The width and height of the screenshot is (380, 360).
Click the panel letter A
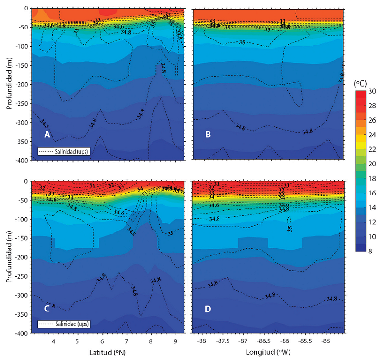[x=47, y=135]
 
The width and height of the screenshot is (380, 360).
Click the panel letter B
[x=208, y=135]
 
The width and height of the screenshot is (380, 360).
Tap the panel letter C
[x=47, y=308]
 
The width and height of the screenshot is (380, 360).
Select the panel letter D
[x=208, y=308]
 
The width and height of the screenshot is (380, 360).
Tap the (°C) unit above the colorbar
[x=362, y=83]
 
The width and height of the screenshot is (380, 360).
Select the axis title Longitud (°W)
[x=268, y=353]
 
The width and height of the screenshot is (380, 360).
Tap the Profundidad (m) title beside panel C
[x=9, y=257]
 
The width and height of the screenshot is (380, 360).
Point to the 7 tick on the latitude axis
[x=126, y=341]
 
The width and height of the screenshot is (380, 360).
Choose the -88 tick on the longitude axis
[x=201, y=341]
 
